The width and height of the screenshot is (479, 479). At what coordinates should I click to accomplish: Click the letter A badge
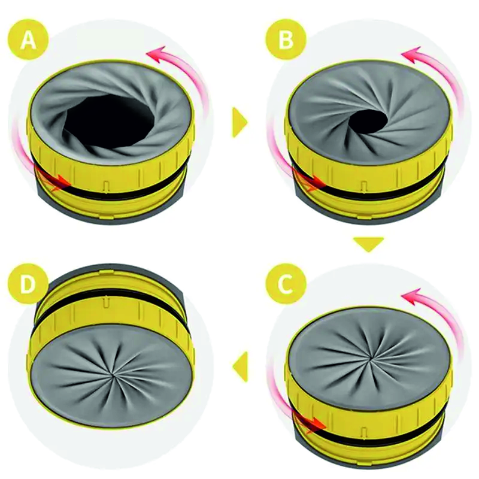pos(28,40)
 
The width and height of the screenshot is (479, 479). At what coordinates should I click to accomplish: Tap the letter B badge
pos(286,39)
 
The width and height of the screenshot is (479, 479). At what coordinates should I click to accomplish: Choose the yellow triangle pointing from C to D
pos(240,366)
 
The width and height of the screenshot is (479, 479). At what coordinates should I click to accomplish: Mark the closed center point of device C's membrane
pos(371,357)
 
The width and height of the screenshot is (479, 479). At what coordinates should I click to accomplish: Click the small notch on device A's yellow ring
pos(106,187)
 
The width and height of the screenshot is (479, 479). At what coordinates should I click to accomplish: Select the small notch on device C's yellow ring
pos(363,432)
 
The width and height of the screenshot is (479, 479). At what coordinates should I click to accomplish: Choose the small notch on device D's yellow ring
pos(106,302)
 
